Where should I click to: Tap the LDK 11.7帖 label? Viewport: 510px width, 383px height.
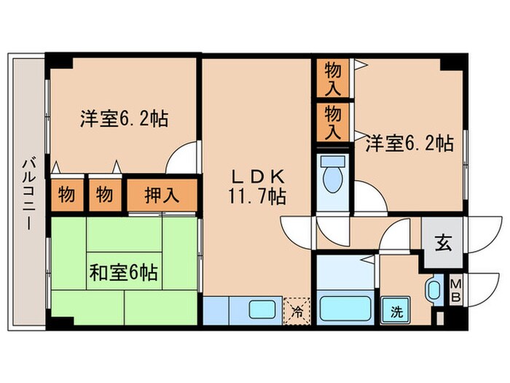point(259,186)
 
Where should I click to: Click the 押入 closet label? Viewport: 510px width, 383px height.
point(162,195)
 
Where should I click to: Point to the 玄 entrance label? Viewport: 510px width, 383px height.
point(442,242)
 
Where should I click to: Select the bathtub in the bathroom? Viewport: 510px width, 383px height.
point(345,309)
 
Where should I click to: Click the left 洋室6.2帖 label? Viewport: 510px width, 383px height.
point(123,119)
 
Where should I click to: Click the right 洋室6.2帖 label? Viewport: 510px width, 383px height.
point(409,142)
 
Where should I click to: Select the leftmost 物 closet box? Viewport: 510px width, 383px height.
point(66,195)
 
